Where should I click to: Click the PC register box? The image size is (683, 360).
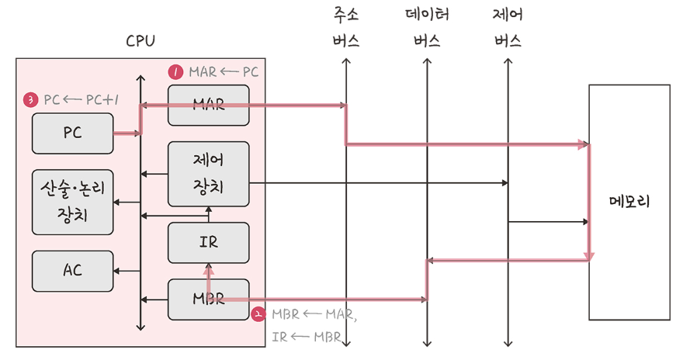point(72,133)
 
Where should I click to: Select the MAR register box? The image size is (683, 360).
point(208,105)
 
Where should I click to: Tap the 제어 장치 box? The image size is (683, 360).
point(208,174)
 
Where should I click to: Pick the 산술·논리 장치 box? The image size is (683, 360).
point(72,202)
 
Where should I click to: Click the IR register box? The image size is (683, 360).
point(208,242)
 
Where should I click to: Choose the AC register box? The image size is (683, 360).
point(72,271)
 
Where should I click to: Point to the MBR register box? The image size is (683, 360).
point(208,299)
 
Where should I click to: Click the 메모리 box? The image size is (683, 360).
point(629,202)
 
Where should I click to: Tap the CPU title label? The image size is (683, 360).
point(140,41)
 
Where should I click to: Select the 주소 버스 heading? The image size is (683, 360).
point(346,28)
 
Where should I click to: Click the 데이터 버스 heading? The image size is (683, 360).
point(427,28)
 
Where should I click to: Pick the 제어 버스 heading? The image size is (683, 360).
point(508,28)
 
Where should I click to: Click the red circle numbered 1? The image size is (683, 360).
point(175,72)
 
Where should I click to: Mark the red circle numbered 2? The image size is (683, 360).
point(258,315)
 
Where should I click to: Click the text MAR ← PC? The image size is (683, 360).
point(224,72)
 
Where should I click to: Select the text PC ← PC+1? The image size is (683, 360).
point(81,100)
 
